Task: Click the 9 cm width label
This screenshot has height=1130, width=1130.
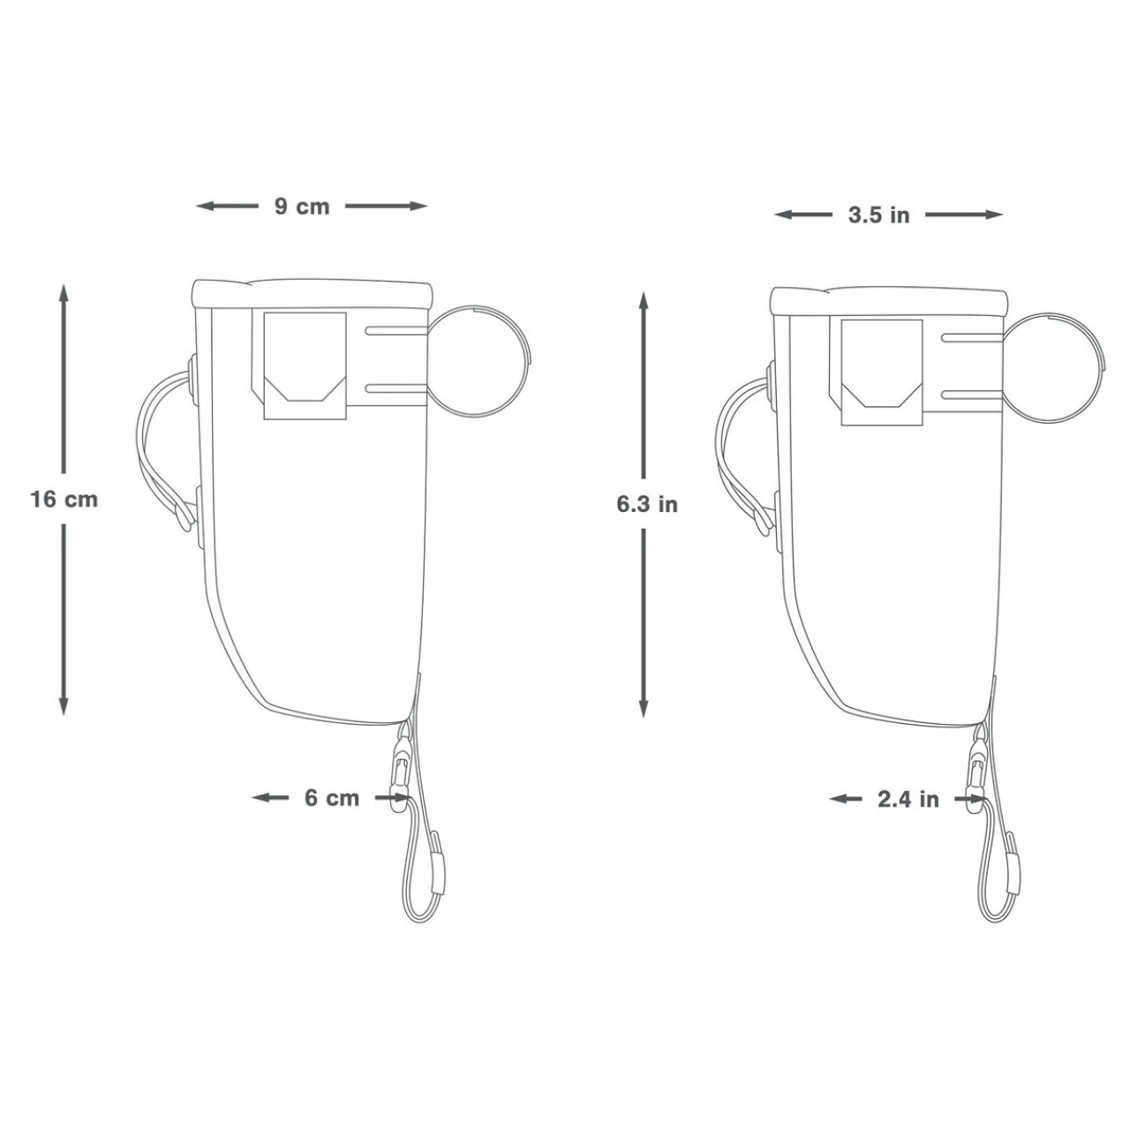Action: [301, 207]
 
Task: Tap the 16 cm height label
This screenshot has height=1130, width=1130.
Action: [64, 500]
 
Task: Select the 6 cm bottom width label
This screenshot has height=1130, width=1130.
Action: [332, 798]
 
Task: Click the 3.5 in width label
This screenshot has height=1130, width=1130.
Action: [878, 215]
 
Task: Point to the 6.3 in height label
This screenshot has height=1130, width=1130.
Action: [646, 505]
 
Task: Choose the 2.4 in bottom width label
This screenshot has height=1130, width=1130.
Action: [908, 800]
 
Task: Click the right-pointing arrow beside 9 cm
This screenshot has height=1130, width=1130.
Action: [415, 207]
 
